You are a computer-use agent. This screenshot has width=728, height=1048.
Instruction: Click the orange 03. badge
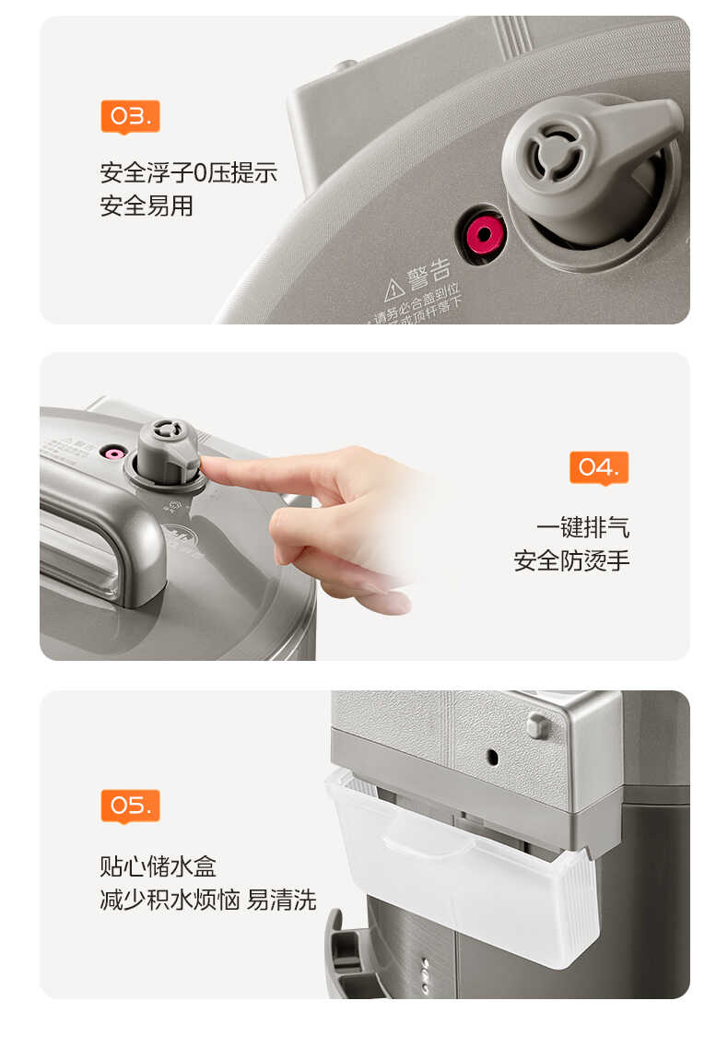click(x=130, y=116)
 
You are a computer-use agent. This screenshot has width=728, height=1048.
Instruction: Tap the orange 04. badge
click(x=599, y=467)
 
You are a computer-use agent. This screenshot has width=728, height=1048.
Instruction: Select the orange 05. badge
click(x=130, y=806)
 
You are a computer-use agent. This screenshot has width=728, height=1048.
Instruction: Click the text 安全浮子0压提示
click(x=188, y=173)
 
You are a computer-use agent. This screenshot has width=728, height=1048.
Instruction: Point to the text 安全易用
click(x=147, y=206)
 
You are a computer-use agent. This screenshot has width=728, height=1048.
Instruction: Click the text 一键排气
click(x=583, y=527)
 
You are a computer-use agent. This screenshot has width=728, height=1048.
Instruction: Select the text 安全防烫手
click(x=571, y=559)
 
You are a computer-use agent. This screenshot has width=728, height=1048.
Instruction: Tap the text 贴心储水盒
click(x=159, y=866)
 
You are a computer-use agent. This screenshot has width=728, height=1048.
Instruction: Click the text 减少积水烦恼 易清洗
click(x=207, y=900)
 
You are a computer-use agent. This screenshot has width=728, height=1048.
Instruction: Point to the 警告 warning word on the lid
click(x=429, y=272)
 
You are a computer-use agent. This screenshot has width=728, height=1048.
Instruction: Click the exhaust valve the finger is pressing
click(x=167, y=449)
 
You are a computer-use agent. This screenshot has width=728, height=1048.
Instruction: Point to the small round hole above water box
click(x=492, y=755)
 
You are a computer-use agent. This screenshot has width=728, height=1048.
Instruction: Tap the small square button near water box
click(x=538, y=724)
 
